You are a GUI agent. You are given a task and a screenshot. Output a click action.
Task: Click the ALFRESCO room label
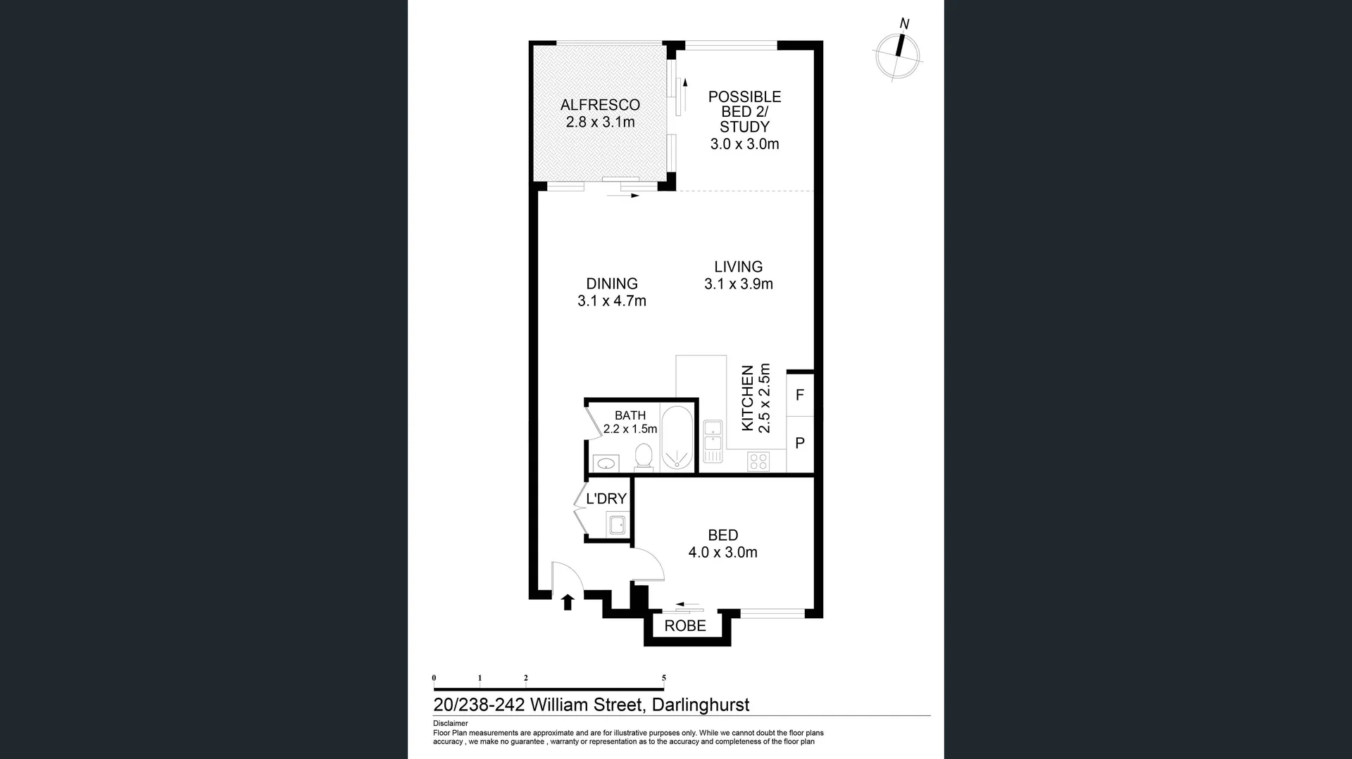600,105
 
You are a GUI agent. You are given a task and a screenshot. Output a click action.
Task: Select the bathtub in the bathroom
677,437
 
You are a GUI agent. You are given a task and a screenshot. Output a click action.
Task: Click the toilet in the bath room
644,456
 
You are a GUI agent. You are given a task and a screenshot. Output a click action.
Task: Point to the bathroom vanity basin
606,463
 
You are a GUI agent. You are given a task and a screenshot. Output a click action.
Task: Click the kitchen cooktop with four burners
758,462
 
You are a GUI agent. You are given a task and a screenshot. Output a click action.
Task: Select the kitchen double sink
713,440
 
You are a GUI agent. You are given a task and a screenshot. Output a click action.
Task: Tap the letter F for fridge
800,395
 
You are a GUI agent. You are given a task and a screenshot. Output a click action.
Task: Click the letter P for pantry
800,444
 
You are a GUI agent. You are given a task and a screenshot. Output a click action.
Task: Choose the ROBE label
685,626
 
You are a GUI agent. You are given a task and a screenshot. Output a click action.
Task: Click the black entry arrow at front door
568,602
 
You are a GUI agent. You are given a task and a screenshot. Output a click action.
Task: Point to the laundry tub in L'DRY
618,525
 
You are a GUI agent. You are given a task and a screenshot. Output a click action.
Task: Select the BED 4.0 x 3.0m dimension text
722,553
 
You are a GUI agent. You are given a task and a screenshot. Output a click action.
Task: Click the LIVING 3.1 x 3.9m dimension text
738,284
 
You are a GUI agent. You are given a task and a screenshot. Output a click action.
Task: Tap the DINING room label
612,284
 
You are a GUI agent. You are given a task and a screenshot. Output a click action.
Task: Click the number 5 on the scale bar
663,678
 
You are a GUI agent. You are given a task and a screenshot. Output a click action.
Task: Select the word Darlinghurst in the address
700,705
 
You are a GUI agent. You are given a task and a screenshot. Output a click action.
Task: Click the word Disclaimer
450,723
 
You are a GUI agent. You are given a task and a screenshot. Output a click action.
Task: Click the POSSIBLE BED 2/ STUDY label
744,112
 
